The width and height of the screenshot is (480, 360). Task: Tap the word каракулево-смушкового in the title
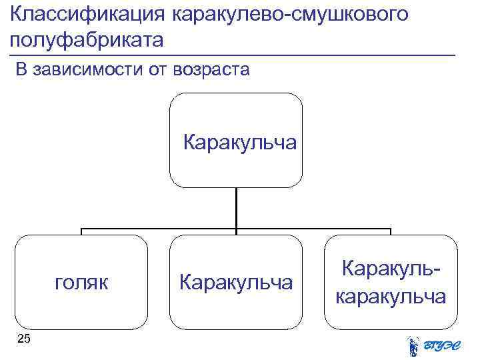pos(289,14)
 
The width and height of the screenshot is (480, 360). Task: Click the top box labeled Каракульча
pos(235,140)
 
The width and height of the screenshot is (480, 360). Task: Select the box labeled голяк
pos(81,282)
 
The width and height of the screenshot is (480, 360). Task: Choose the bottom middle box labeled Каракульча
pos(235,282)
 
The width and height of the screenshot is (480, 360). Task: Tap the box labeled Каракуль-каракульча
pos(391,282)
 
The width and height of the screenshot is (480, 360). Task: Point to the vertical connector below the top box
pos(236,208)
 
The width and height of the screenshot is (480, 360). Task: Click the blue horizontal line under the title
pos(233,53)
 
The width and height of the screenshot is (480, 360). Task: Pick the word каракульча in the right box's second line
pos(391,296)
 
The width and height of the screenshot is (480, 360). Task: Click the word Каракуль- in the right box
pos(391,269)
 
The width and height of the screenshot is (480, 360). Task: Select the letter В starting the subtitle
pos(21,70)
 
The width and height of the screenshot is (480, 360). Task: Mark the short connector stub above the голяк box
pos(81,231)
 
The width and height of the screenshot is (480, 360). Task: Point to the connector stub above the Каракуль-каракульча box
pos(391,231)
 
